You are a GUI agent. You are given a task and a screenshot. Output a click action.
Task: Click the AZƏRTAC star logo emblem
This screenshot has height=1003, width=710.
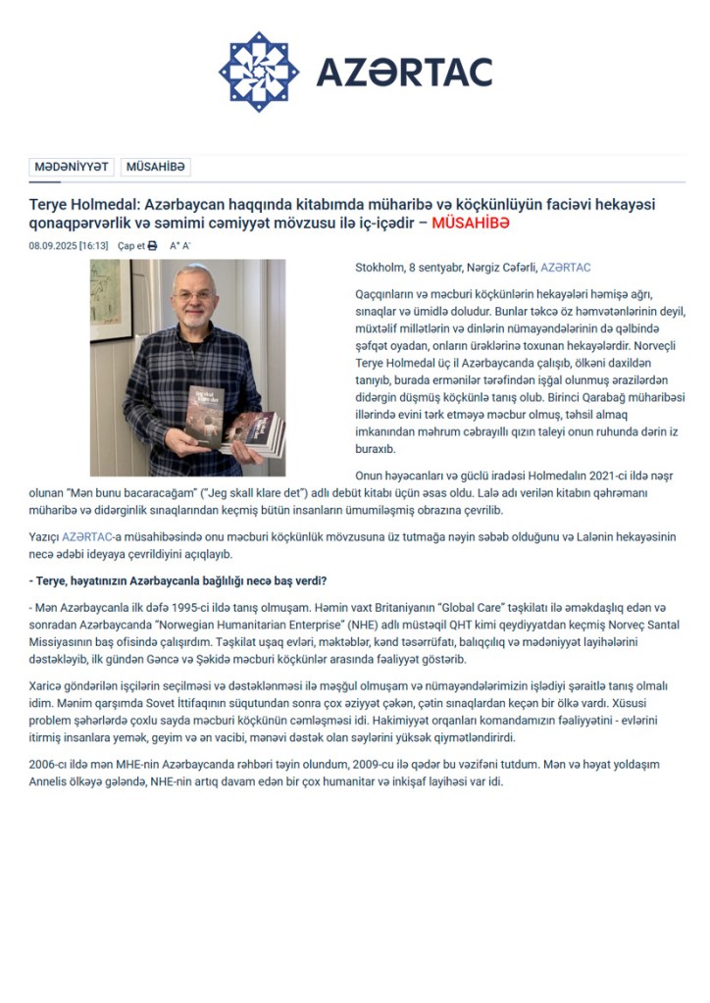coord(259,72)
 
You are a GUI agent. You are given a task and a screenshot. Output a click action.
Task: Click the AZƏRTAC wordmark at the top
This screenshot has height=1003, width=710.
coord(403,72)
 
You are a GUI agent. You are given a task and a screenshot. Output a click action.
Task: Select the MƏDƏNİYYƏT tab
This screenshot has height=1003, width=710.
coord(72,168)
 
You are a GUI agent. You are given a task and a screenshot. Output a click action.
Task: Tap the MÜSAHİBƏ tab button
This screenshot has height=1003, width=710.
coord(155,168)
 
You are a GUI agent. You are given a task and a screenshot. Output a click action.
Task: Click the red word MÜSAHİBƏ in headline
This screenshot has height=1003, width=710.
coord(471,224)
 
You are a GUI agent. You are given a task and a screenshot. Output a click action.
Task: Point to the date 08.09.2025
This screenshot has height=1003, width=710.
coord(52,246)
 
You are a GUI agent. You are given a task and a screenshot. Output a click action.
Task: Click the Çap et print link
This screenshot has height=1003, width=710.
coord(130,246)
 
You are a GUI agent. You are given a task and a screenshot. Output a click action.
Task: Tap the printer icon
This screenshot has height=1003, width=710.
coord(152,246)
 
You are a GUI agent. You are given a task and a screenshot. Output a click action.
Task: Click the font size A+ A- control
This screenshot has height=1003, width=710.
coord(179,246)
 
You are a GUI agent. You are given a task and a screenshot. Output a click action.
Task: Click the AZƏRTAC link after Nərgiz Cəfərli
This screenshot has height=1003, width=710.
coord(566,268)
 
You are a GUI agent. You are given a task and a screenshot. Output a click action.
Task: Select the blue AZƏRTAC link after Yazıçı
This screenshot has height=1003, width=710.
coord(88,538)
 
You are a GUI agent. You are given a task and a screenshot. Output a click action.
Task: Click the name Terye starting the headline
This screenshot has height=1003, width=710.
coord(51,205)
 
